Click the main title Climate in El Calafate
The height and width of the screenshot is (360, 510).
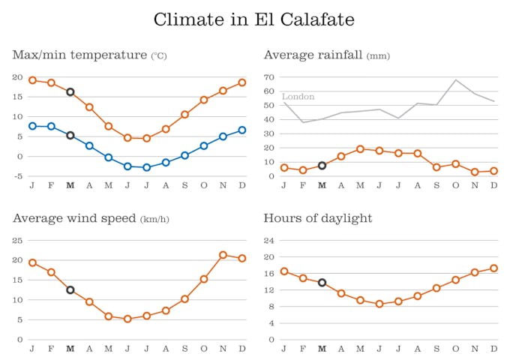(x=254, y=19)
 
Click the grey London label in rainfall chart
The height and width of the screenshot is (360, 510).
(x=298, y=97)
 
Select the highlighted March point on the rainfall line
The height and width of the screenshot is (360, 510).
(x=322, y=165)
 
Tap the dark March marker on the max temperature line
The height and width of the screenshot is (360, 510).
(x=70, y=92)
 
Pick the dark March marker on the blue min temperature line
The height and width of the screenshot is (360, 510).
(x=70, y=136)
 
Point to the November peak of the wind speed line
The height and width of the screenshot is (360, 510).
(x=223, y=255)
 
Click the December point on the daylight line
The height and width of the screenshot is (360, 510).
(x=493, y=268)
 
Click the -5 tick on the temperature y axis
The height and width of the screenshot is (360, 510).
(x=18, y=176)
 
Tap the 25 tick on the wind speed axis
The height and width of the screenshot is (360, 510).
(x=18, y=241)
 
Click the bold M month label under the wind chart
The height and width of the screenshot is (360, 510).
(x=70, y=349)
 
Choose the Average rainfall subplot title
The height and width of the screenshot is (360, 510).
(x=313, y=55)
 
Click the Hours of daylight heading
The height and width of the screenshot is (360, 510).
(x=318, y=218)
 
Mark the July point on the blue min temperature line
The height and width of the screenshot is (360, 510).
(x=146, y=167)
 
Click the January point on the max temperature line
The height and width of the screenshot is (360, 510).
(x=32, y=80)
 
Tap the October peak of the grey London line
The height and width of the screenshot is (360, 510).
(x=455, y=80)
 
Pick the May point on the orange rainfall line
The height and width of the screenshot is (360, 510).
(x=360, y=149)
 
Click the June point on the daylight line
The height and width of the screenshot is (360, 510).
(x=379, y=304)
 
